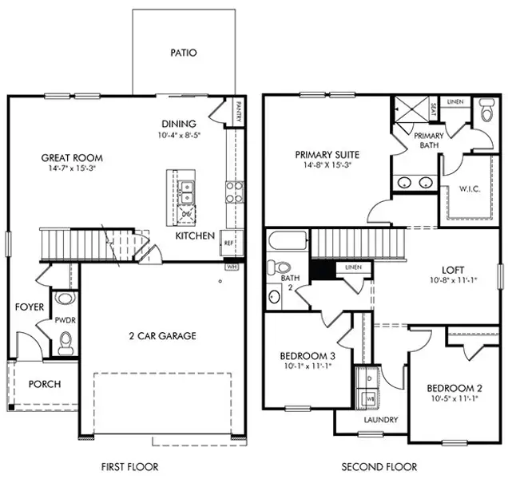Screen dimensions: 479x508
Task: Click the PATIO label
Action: (184, 53)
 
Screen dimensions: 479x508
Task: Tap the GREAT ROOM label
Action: (73, 158)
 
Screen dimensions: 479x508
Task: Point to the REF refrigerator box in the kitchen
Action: (228, 243)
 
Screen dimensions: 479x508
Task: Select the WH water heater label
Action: (232, 266)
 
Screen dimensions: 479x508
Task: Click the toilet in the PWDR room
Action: (66, 343)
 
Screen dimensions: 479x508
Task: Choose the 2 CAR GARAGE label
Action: (163, 336)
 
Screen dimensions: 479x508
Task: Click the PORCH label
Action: (45, 384)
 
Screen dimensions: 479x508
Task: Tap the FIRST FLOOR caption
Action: (130, 467)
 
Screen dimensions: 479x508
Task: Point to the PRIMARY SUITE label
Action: (327, 155)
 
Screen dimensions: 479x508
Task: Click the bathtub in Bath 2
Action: (287, 241)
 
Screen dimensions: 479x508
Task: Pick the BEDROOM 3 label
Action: (307, 355)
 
